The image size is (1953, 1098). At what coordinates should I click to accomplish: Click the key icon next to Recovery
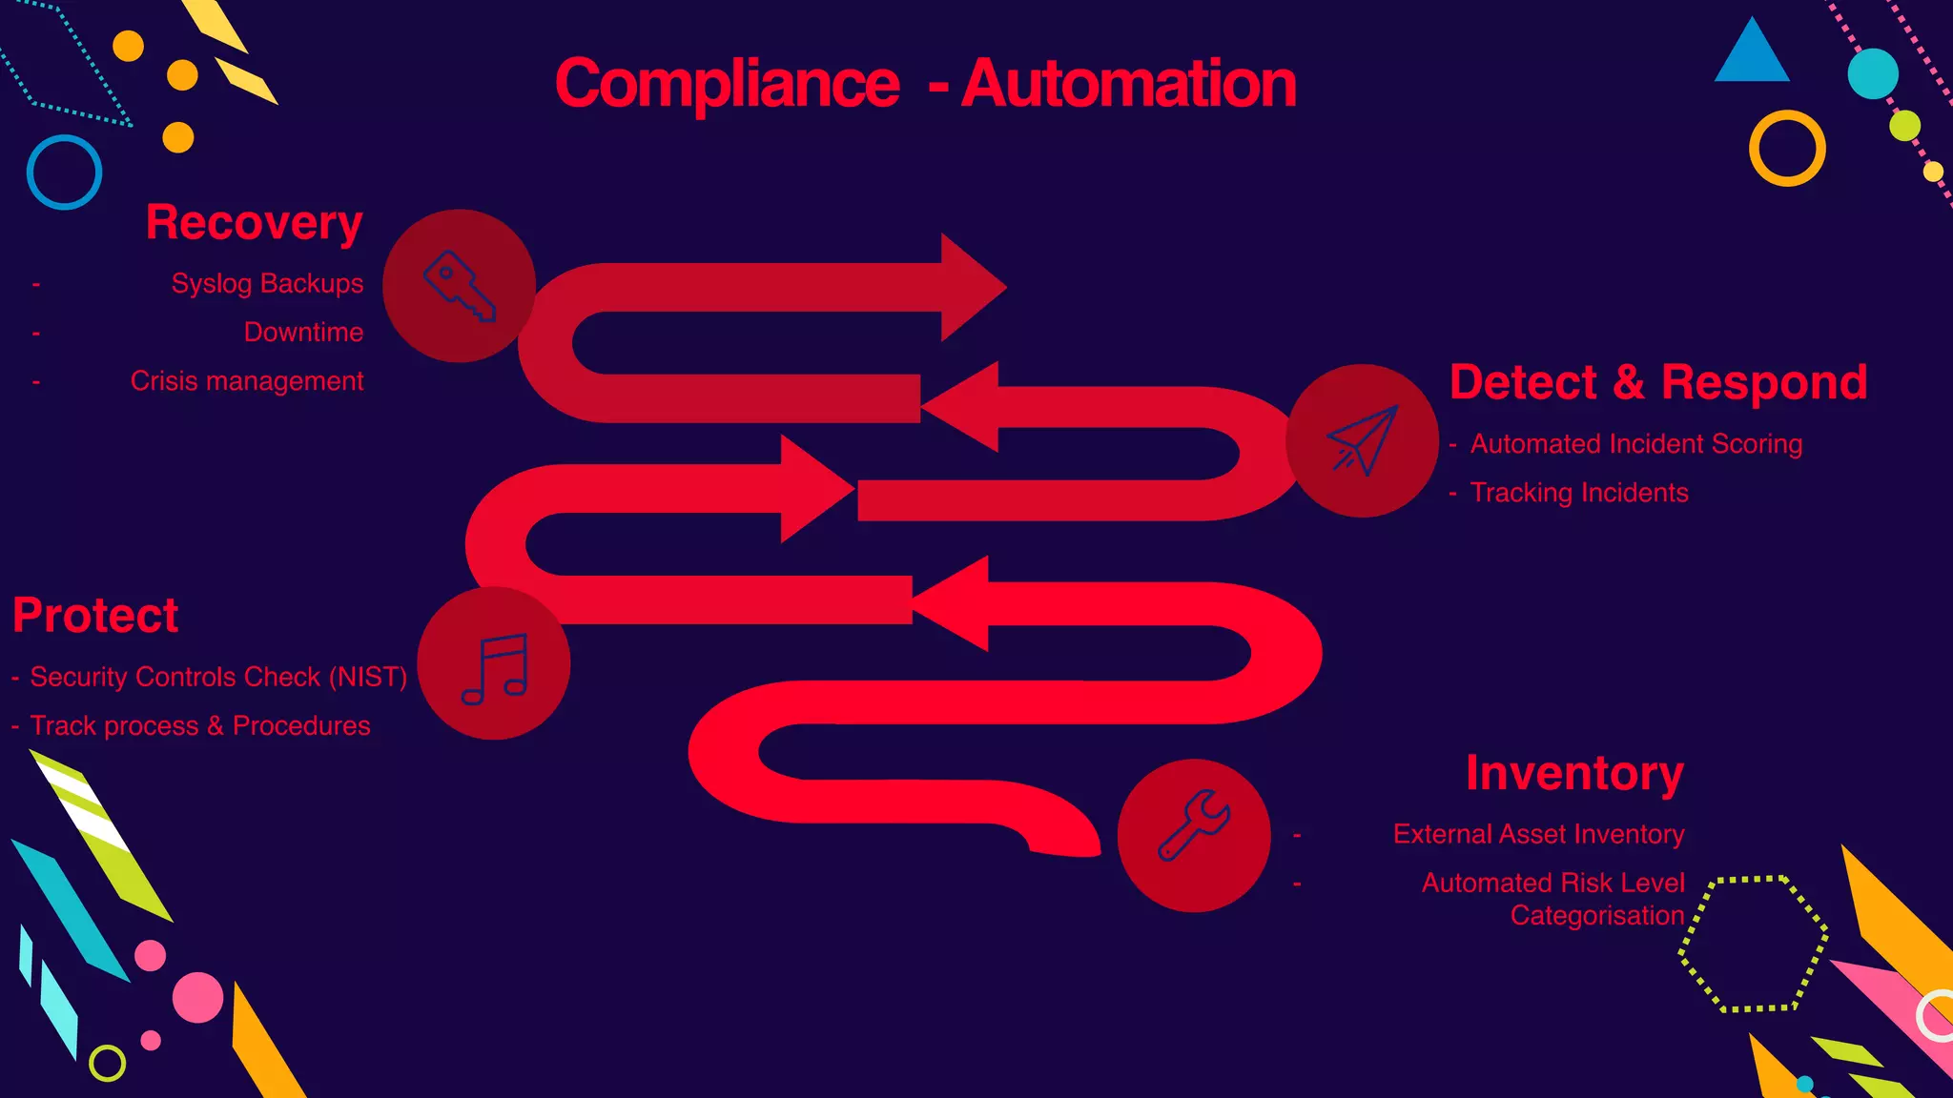[x=459, y=285]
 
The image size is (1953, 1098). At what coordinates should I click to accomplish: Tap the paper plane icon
[x=1362, y=439]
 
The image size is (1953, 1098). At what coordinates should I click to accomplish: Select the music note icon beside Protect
[x=494, y=667]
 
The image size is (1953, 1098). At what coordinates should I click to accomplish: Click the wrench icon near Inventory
[x=1194, y=825]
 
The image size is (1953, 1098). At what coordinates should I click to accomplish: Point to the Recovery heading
[x=254, y=223]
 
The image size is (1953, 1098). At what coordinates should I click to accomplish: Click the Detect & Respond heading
[x=1657, y=383]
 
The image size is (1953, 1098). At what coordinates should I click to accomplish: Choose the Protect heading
[x=95, y=616]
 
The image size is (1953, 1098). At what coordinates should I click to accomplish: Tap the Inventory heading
[x=1574, y=773]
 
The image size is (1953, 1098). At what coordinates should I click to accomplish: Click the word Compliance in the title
[x=727, y=84]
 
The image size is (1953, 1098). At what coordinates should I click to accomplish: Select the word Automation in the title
[x=1128, y=84]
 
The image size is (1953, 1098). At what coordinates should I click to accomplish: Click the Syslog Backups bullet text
[x=267, y=284]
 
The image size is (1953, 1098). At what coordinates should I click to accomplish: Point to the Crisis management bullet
[x=247, y=381]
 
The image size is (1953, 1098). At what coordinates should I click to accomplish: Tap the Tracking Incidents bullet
[x=1579, y=493]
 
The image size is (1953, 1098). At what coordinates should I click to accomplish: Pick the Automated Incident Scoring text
[x=1635, y=444]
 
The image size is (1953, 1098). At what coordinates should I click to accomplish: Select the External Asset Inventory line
[x=1538, y=834]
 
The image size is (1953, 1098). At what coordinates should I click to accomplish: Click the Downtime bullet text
[x=303, y=333]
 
